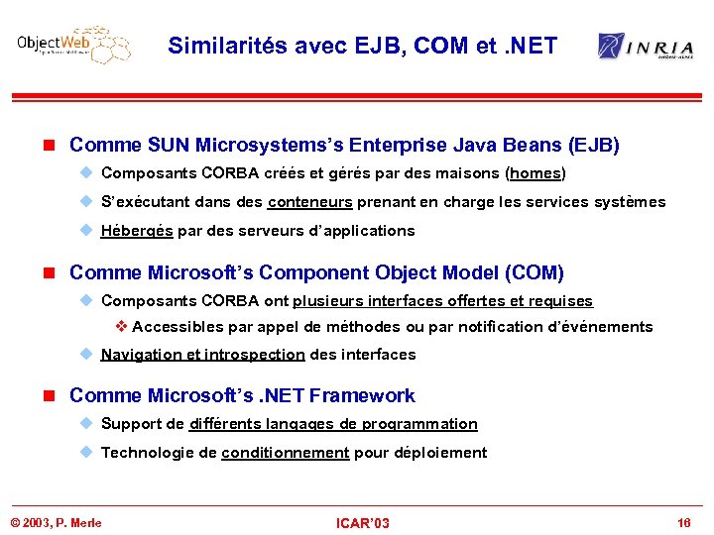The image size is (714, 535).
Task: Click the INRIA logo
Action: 646,46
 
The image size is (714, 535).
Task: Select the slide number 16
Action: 684,522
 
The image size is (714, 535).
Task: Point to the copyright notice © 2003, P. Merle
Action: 57,522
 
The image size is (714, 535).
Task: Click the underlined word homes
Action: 535,173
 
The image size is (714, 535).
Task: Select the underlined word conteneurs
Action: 309,202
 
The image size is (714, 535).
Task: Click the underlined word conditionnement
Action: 286,453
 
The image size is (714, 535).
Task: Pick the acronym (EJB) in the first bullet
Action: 593,146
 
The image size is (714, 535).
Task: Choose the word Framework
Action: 362,395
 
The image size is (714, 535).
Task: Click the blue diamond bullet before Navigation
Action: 86,354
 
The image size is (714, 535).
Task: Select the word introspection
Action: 255,355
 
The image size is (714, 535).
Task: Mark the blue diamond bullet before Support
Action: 86,423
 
